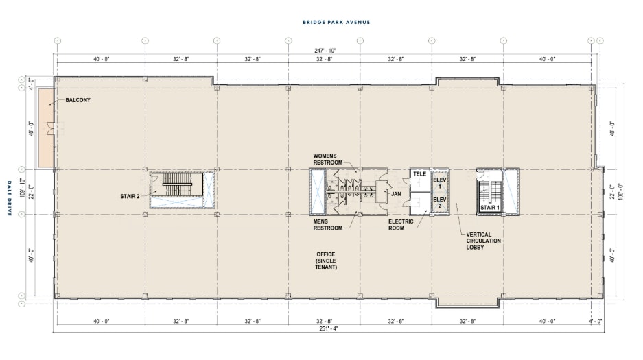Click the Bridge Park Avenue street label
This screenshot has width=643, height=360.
(336, 22)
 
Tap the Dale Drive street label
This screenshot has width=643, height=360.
(10, 198)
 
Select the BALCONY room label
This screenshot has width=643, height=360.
(78, 100)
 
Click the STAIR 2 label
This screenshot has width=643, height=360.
(130, 197)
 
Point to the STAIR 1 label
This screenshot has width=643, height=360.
(490, 208)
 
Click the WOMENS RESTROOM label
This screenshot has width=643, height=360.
(327, 159)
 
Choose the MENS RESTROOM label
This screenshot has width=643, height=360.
(327, 225)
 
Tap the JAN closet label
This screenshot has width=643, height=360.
(396, 194)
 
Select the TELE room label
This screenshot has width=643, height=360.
(419, 174)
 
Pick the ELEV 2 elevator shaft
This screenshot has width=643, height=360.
(440, 203)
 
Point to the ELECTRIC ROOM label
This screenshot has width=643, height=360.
(401, 225)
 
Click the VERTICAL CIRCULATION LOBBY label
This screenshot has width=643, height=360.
(484, 241)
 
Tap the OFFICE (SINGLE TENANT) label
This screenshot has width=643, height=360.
(326, 261)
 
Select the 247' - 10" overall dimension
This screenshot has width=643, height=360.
(325, 51)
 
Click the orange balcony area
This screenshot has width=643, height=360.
(45, 128)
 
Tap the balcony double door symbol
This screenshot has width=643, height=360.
(51, 129)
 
